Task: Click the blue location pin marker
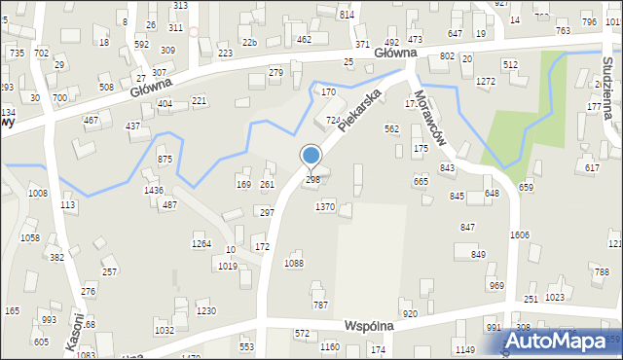(311, 157)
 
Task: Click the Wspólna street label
(373, 325)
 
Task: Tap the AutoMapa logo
(554, 341)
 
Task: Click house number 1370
(325, 207)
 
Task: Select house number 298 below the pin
(312, 180)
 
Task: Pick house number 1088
(294, 264)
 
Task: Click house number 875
(165, 160)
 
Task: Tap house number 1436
(154, 190)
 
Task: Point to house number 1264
(202, 244)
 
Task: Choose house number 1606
(520, 235)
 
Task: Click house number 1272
(486, 82)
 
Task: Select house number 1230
(205, 311)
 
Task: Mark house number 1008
(37, 194)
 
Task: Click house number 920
(410, 314)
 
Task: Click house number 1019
(228, 267)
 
